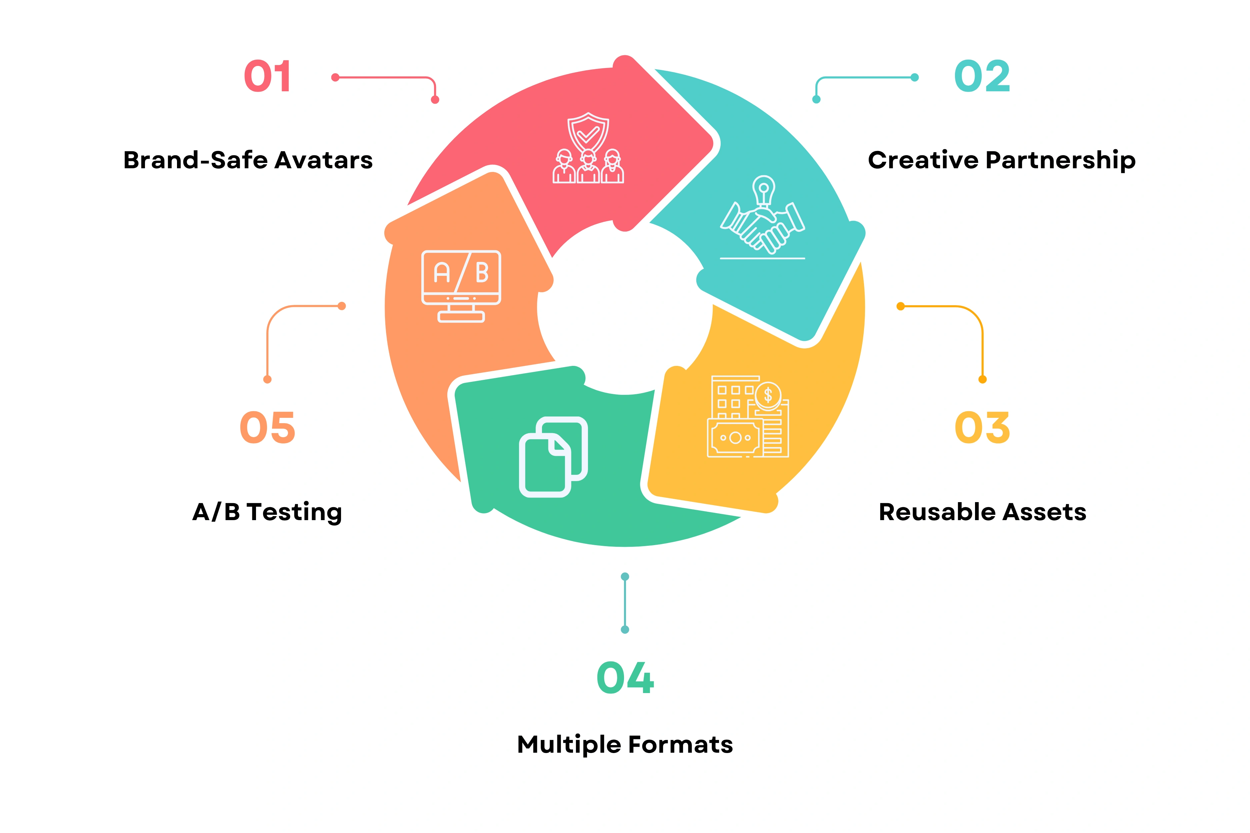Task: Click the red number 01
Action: pyautogui.click(x=267, y=77)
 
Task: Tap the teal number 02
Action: pyautogui.click(x=982, y=77)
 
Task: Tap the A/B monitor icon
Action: pyautogui.click(x=461, y=286)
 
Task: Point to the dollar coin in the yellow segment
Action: pyautogui.click(x=768, y=395)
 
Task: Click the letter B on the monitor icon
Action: pyautogui.click(x=482, y=273)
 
